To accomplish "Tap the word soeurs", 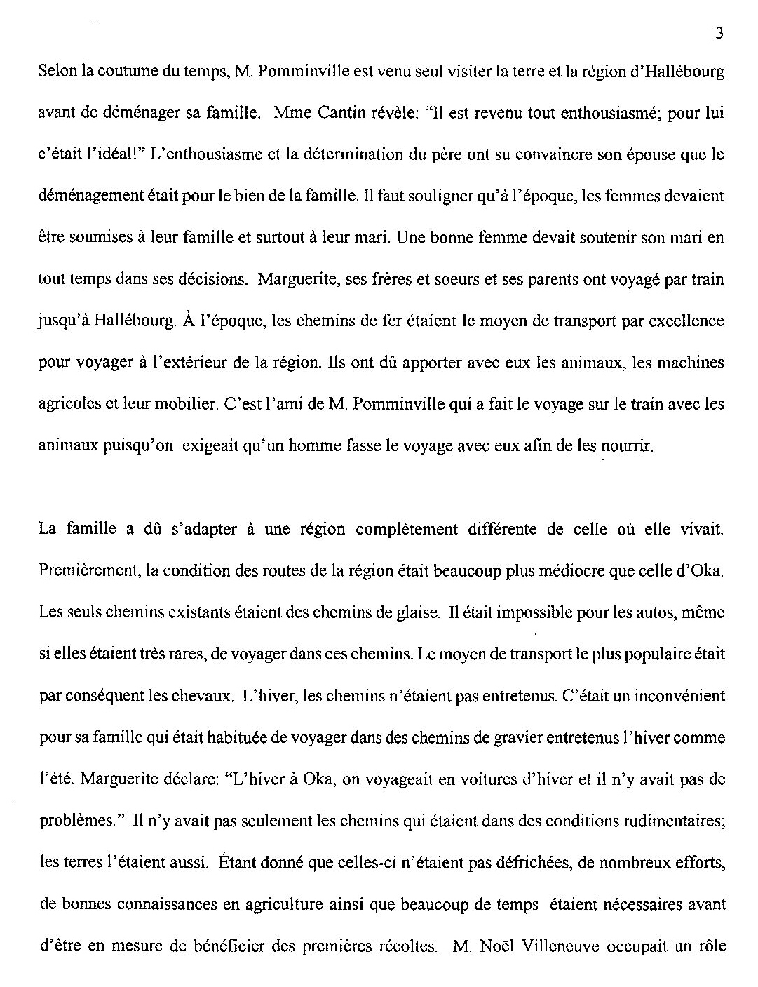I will (459, 279).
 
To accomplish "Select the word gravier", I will (515, 737).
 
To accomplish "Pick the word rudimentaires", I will (665, 821).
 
